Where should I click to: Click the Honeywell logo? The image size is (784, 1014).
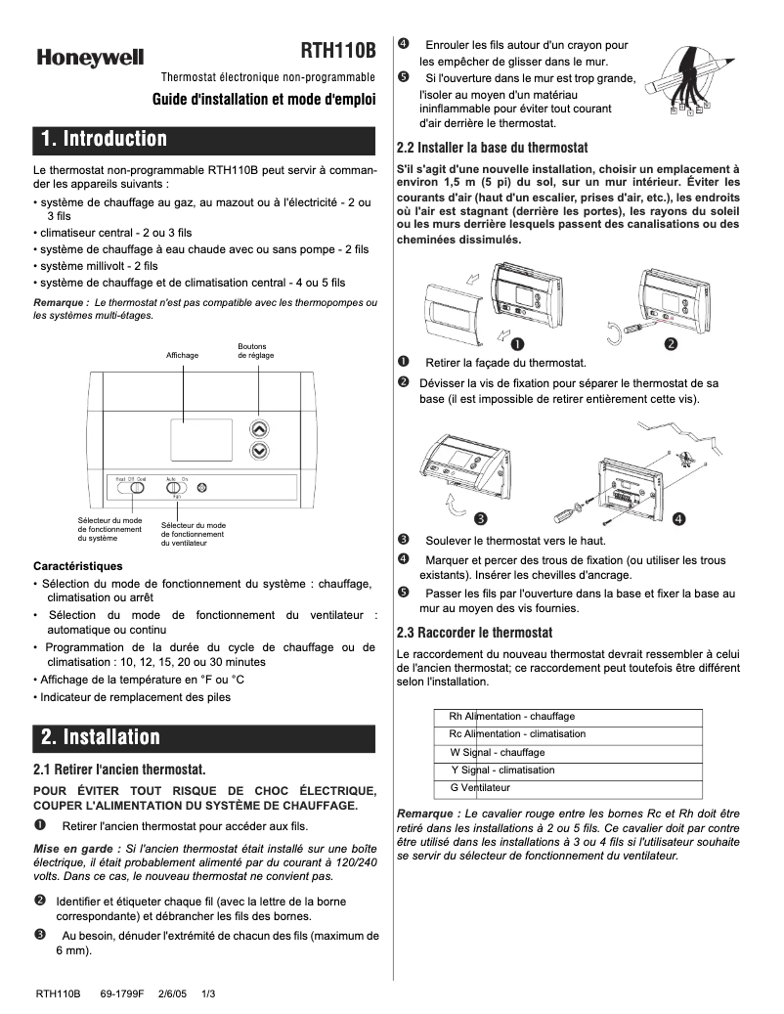[90, 59]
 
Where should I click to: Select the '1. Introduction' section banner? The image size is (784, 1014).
[204, 139]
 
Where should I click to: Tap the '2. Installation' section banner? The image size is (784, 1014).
[204, 737]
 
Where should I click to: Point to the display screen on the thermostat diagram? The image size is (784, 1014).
[199, 438]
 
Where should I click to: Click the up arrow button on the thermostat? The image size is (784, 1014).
[258, 428]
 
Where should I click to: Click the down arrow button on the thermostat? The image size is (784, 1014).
[258, 451]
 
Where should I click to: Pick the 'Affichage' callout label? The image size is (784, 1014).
[182, 355]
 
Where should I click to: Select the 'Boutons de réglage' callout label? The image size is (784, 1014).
[256, 350]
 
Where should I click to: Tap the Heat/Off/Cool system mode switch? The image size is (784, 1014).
[137, 487]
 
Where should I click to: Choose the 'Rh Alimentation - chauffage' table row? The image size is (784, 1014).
[568, 717]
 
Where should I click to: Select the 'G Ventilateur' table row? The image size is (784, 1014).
[568, 787]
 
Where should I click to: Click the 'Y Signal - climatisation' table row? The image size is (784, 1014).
[568, 770]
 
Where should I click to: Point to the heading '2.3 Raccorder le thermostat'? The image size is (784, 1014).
[474, 633]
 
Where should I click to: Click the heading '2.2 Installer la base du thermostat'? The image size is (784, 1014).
[492, 148]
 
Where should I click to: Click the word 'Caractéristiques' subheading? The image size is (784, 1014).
[78, 566]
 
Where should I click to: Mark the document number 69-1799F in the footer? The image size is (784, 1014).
[122, 993]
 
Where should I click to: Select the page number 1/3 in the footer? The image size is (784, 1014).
[207, 993]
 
